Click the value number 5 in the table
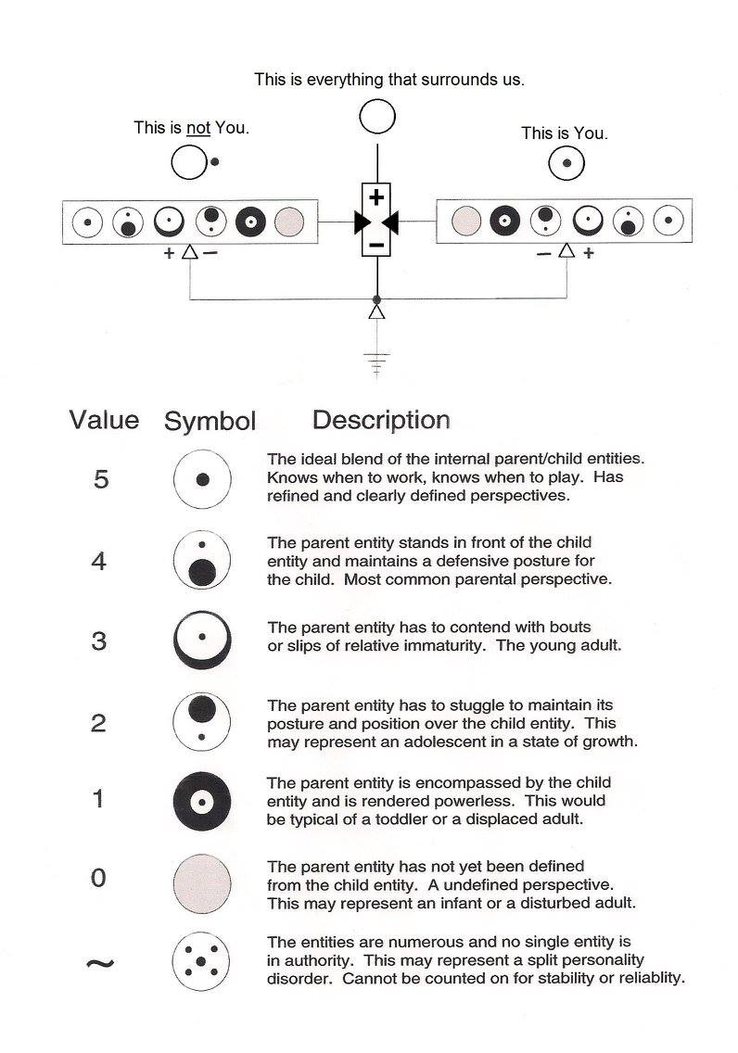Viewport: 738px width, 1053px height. click(101, 479)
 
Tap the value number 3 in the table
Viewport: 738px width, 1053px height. click(99, 641)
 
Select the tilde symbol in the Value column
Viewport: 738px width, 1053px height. click(100, 963)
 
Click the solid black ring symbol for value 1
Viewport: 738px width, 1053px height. click(202, 800)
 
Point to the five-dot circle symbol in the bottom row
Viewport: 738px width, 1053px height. click(201, 961)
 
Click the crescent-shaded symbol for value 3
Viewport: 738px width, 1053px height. click(202, 639)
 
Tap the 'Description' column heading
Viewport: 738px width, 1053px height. click(381, 420)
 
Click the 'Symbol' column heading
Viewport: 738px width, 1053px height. click(210, 421)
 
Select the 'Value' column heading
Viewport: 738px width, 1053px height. click(104, 420)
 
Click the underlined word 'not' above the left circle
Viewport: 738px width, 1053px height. click(197, 128)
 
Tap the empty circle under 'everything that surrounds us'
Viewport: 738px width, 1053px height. click(377, 117)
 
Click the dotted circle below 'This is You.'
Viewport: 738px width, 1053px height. click(566, 165)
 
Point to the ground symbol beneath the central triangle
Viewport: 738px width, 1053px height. click(376, 362)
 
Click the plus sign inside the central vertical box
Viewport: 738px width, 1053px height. click(376, 197)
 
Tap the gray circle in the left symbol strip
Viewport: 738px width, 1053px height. click(290, 222)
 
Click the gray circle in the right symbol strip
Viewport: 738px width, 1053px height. click(465, 222)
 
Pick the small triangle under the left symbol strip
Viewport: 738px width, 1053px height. click(190, 251)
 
